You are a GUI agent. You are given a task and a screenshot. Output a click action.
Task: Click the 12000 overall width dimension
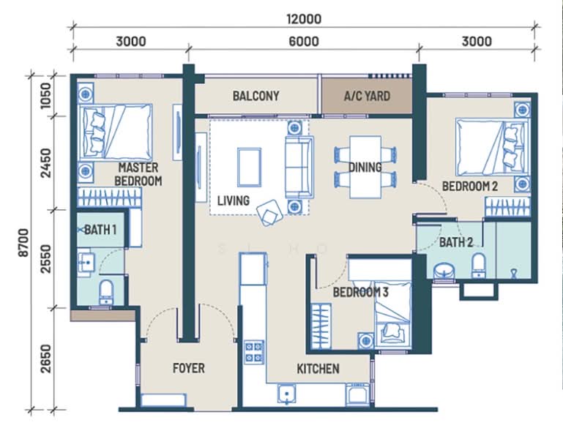click(304, 19)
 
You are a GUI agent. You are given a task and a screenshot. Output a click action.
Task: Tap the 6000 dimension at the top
click(304, 41)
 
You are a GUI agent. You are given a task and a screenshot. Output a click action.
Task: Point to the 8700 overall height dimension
click(23, 243)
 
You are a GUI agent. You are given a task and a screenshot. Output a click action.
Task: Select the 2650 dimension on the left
click(46, 359)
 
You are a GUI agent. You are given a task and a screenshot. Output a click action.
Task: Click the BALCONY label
click(256, 96)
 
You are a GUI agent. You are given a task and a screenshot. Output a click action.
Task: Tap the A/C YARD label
click(367, 96)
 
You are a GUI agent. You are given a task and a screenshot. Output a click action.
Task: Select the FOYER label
click(188, 368)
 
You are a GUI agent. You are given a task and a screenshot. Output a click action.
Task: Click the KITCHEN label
click(318, 369)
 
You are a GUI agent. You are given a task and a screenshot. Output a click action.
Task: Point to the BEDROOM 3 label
click(360, 292)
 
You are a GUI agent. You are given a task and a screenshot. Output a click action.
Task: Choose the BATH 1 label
click(100, 230)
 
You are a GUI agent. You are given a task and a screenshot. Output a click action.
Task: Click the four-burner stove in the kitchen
click(254, 352)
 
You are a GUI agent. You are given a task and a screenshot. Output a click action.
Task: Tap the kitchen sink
click(286, 394)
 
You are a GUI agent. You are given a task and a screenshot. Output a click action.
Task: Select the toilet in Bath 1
click(106, 292)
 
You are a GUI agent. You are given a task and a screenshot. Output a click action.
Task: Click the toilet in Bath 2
click(478, 266)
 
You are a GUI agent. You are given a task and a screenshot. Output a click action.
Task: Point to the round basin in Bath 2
click(444, 271)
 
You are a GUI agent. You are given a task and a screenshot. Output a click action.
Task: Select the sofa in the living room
click(299, 168)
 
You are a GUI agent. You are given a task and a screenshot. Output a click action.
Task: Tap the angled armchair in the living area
click(269, 213)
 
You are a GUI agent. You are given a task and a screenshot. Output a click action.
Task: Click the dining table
click(365, 167)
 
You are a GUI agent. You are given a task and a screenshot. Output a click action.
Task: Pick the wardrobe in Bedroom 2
click(507, 206)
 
